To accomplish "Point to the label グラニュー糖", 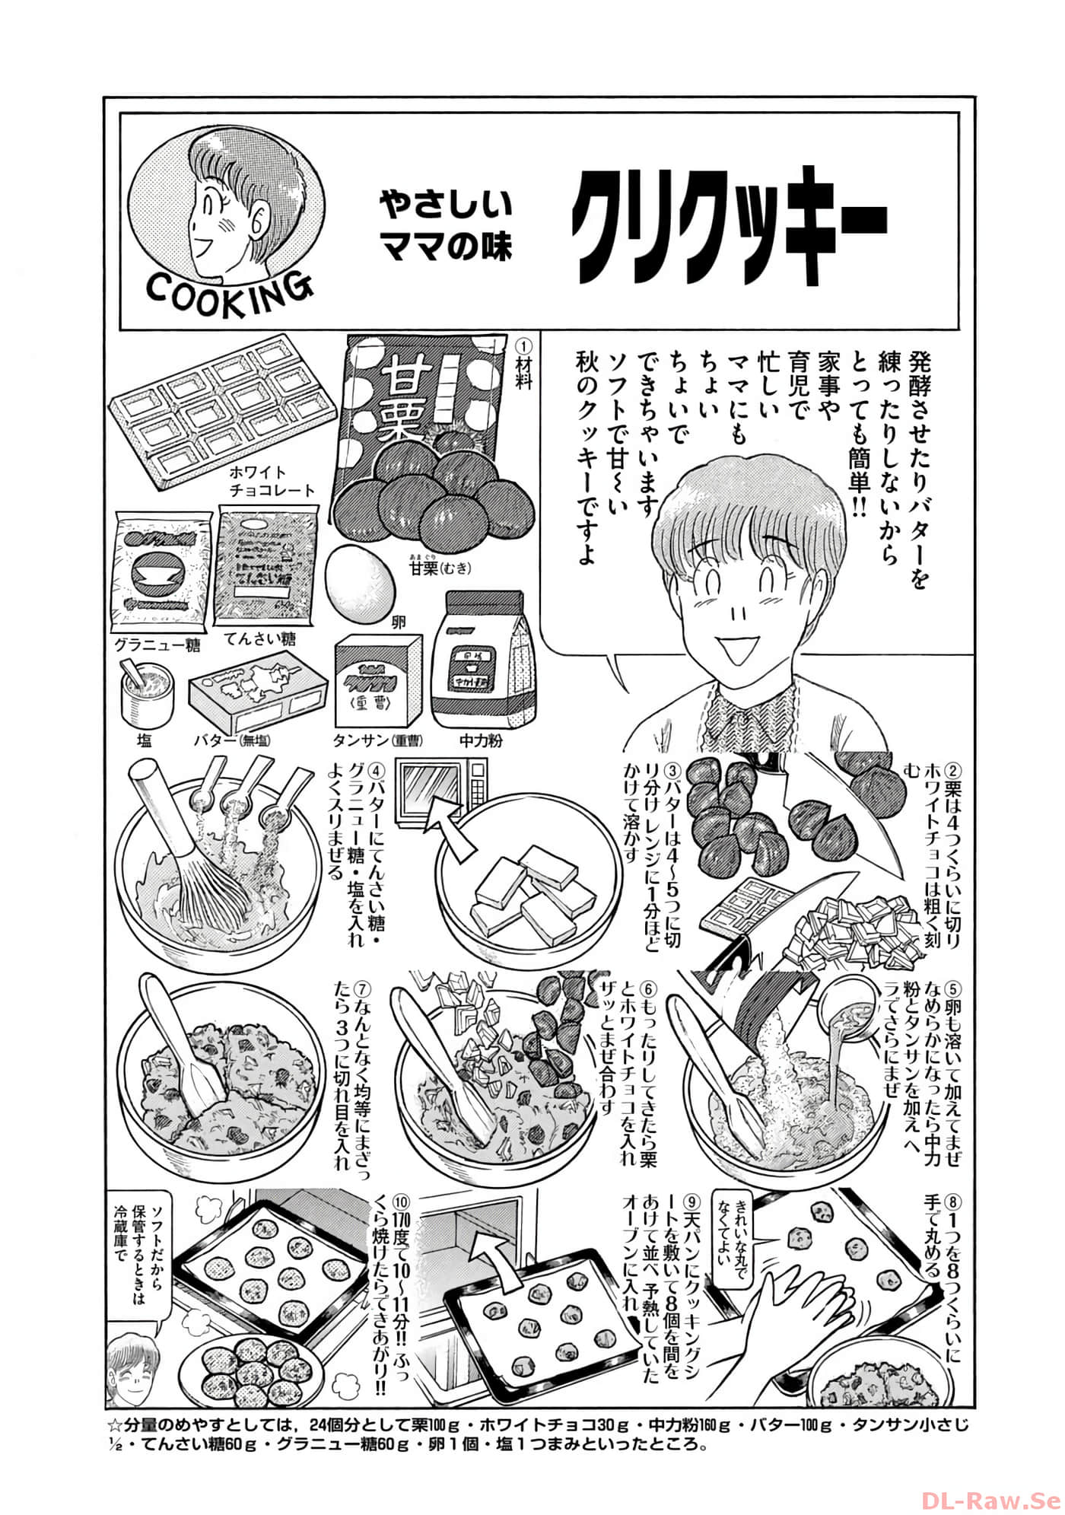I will (157, 645).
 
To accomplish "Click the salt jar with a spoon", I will (145, 692).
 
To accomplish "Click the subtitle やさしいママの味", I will (446, 225).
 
